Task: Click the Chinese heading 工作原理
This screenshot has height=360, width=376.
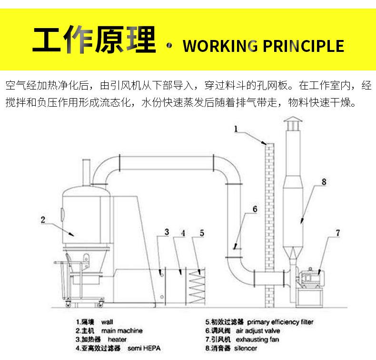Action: [94, 41]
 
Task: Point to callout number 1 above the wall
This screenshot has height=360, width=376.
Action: [237, 129]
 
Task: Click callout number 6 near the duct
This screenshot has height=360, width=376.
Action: [255, 209]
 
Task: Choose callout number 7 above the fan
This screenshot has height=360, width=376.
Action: [338, 233]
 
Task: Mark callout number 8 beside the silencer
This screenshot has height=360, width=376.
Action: [323, 181]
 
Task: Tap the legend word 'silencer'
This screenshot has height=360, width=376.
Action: [247, 349]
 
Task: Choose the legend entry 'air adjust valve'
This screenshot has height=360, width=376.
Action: [257, 330]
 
